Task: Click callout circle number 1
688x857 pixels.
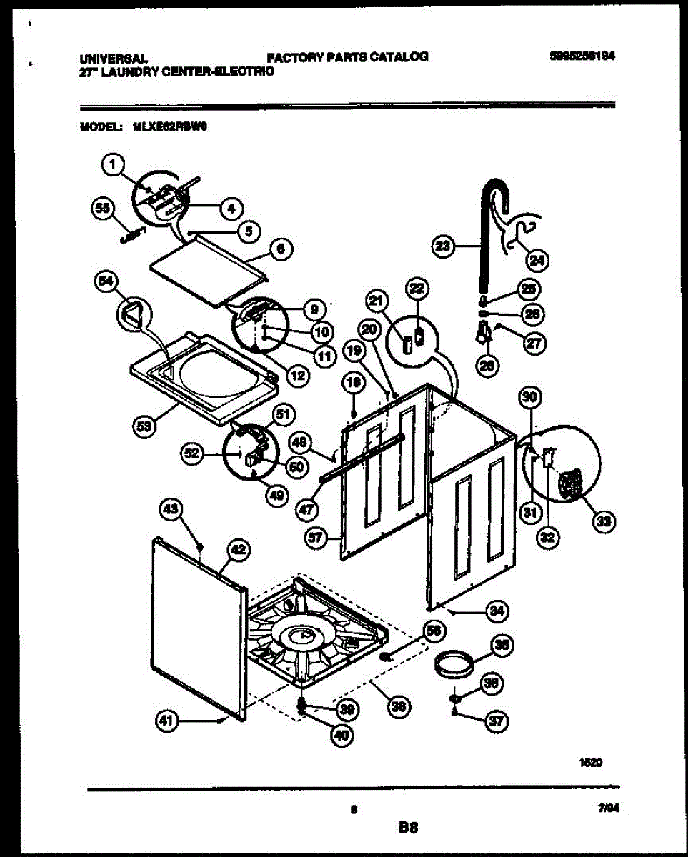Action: tap(111, 166)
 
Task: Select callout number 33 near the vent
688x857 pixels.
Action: tap(604, 523)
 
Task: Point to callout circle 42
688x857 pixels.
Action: tap(238, 549)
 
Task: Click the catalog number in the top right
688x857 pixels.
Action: tap(582, 56)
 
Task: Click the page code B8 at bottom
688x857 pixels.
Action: tap(408, 828)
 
